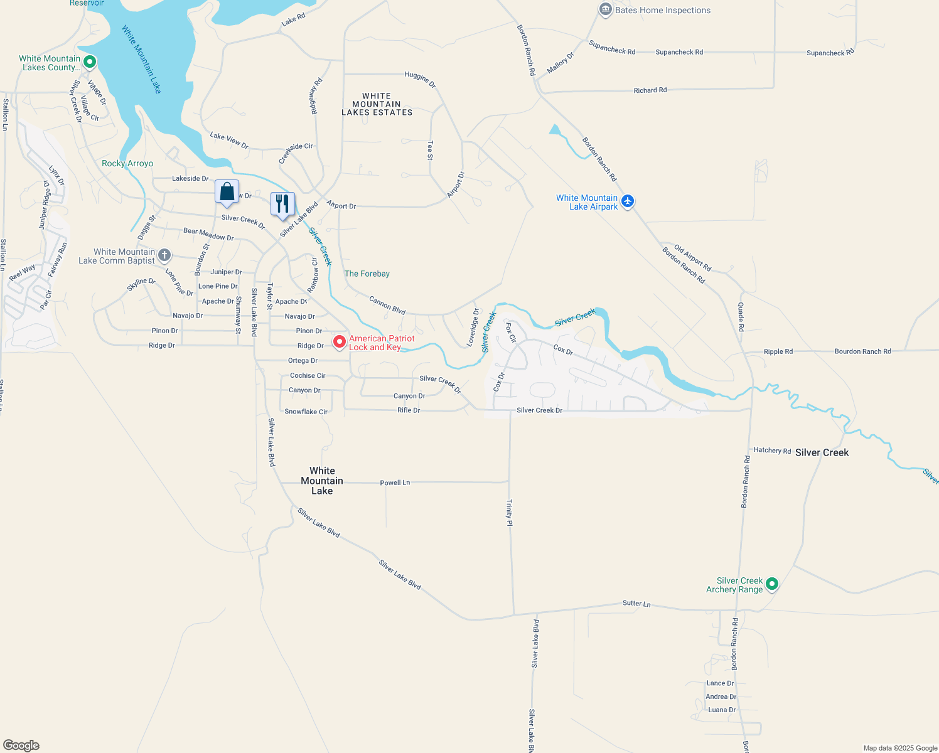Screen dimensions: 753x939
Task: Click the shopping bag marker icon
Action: click(x=227, y=192)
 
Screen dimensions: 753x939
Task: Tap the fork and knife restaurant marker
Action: click(x=282, y=204)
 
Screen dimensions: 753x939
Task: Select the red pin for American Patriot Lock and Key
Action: click(x=340, y=341)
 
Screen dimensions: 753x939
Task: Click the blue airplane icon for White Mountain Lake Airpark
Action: click(x=628, y=201)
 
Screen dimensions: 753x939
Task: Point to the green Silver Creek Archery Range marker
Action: click(x=772, y=584)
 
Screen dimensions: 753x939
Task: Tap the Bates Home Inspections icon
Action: click(x=605, y=9)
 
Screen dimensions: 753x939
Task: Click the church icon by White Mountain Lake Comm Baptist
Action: click(x=164, y=255)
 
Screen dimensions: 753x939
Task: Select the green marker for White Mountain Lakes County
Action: click(x=89, y=61)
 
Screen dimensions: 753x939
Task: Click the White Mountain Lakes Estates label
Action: click(x=377, y=104)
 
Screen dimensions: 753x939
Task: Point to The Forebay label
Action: click(x=367, y=274)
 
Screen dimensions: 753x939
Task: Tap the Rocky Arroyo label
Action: click(x=127, y=163)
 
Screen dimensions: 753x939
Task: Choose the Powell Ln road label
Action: click(x=395, y=483)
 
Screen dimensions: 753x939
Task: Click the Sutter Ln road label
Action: click(x=636, y=604)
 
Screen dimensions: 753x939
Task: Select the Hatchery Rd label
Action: click(x=772, y=450)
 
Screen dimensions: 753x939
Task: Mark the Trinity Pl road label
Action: click(x=510, y=513)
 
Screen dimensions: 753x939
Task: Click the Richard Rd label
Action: click(x=650, y=90)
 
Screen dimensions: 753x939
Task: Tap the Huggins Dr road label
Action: click(x=420, y=78)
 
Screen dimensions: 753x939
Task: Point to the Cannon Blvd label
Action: click(x=387, y=306)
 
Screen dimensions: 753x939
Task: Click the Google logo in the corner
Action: click(x=21, y=745)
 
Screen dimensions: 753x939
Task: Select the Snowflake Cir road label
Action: click(x=306, y=412)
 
